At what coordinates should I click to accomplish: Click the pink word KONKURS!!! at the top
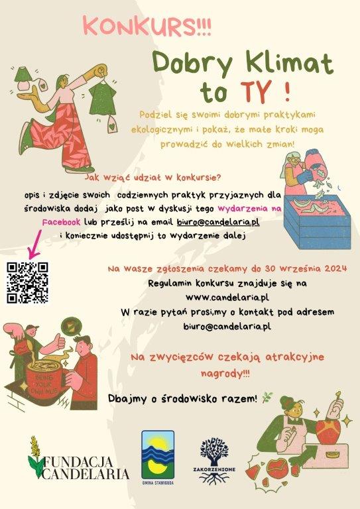[147, 27]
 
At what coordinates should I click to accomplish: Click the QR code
[28, 283]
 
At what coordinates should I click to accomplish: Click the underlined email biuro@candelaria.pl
[218, 222]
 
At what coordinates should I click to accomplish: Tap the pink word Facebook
[62, 222]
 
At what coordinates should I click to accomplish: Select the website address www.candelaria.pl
[227, 297]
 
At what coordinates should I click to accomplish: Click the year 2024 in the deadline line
[335, 268]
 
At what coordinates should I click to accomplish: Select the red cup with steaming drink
[44, 376]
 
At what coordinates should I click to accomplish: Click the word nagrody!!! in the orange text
[225, 373]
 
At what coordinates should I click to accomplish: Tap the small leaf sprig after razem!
[267, 398]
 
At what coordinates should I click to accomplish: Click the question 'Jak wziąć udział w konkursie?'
[152, 178]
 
